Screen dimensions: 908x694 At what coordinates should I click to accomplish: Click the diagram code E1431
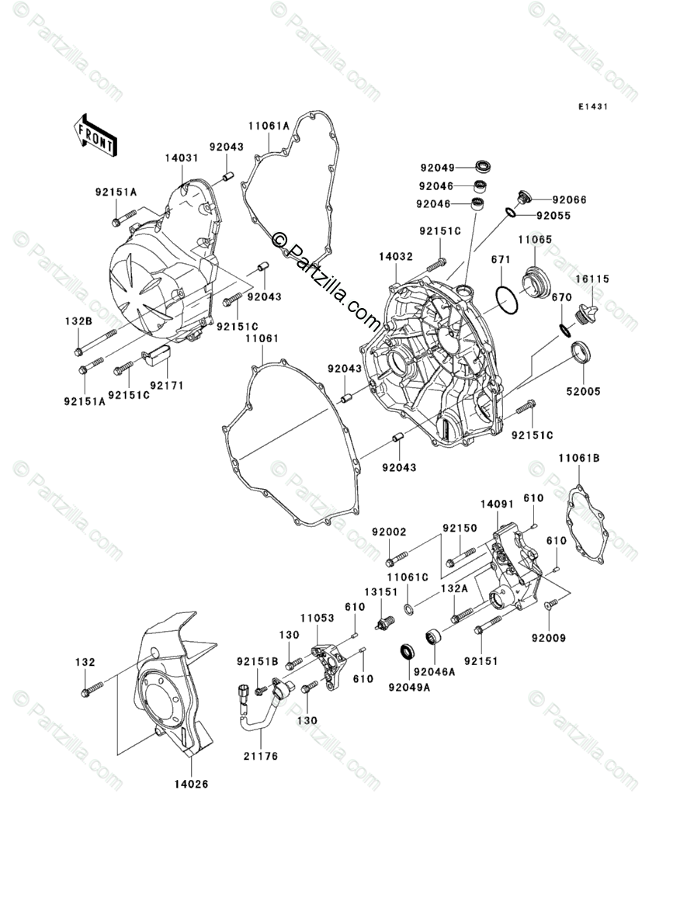(x=591, y=107)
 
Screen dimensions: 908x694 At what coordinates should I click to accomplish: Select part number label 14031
(x=181, y=158)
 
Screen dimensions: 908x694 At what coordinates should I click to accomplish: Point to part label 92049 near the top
(x=438, y=167)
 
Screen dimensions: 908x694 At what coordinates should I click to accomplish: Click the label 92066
(x=570, y=199)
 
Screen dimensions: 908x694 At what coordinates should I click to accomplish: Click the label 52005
(x=585, y=391)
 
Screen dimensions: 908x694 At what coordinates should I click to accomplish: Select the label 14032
(x=396, y=255)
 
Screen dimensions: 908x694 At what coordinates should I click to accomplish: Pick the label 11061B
(x=578, y=459)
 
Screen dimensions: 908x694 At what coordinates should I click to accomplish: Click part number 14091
(x=497, y=504)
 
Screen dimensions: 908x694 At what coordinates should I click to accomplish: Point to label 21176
(x=262, y=755)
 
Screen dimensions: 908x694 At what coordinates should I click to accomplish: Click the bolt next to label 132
(x=91, y=687)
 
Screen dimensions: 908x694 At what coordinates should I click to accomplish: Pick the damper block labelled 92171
(x=158, y=359)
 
